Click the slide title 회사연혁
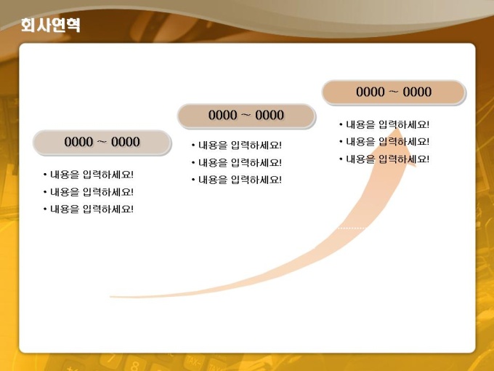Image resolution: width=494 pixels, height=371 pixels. (x=50, y=25)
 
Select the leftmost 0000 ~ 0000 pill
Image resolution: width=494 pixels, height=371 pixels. (x=102, y=143)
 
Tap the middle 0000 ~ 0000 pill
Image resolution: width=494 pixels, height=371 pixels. (x=246, y=116)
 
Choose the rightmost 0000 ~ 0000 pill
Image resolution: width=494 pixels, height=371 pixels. (x=394, y=92)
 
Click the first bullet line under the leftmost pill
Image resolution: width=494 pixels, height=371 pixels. (x=89, y=175)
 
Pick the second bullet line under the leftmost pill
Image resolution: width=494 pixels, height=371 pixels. (x=89, y=192)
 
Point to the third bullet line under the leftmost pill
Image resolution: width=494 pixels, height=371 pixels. (x=89, y=209)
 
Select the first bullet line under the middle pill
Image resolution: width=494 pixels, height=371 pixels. (x=237, y=145)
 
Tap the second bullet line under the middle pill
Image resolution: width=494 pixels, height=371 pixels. (x=237, y=163)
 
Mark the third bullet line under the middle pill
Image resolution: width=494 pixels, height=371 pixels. (x=237, y=180)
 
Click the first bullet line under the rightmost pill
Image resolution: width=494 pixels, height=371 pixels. (x=384, y=124)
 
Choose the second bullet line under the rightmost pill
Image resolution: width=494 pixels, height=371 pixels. (x=384, y=142)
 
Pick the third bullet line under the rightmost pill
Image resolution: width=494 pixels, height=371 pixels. (x=384, y=159)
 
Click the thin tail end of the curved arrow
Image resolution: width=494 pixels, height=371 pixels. (x=111, y=297)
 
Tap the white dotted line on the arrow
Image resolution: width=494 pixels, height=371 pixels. (x=353, y=228)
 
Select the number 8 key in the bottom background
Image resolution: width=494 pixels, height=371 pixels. (x=135, y=366)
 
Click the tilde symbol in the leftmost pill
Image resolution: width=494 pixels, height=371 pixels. (x=102, y=142)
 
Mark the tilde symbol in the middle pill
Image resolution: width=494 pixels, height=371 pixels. (x=246, y=116)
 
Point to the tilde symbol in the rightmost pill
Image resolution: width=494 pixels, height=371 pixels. (x=394, y=92)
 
